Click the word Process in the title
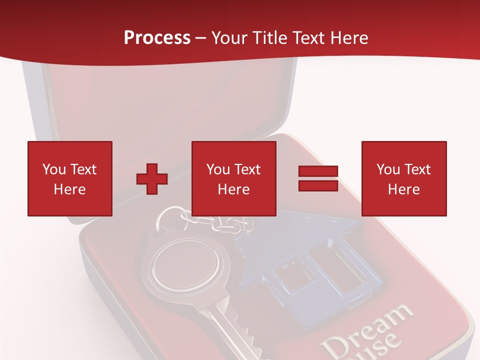(157, 38)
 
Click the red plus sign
(152, 179)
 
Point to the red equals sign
(318, 178)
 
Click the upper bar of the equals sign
(318, 171)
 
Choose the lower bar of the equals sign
(318, 185)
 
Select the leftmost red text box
(70, 178)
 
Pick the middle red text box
(234, 178)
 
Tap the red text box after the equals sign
(404, 178)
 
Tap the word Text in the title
(306, 38)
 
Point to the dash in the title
(201, 38)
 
